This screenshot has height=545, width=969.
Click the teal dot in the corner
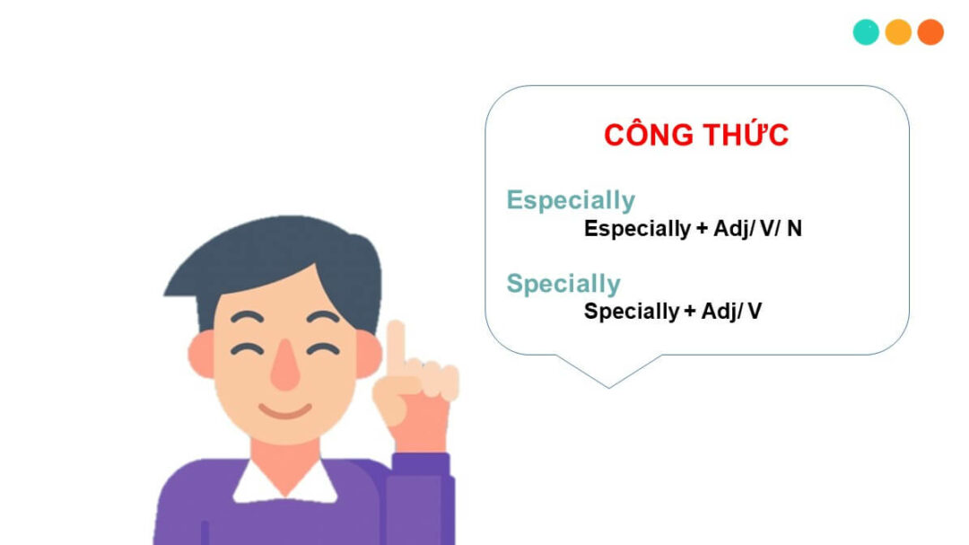click(866, 32)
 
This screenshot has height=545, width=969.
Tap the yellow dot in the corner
click(898, 32)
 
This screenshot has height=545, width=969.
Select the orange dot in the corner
click(930, 32)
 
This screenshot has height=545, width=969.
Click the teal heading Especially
click(570, 200)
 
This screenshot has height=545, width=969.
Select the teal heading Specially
click(563, 284)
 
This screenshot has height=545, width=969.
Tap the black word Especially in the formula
click(636, 229)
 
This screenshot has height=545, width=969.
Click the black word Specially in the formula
click(631, 312)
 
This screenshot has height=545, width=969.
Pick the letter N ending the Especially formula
click(794, 229)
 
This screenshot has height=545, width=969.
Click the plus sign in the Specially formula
click(689, 312)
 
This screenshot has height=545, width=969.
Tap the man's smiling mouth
click(285, 412)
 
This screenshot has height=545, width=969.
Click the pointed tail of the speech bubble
click(609, 381)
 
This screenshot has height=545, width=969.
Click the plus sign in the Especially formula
click(700, 229)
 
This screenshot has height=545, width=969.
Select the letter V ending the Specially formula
click(755, 312)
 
